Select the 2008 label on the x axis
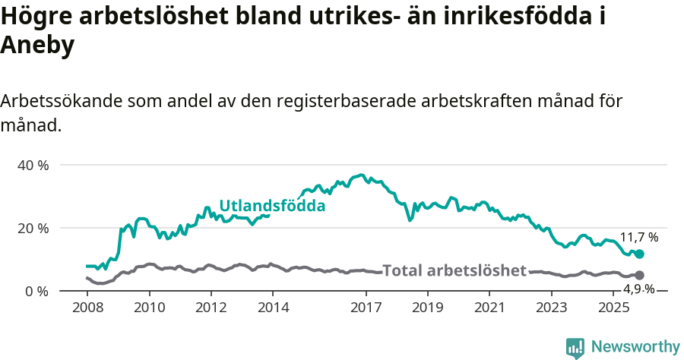coord(87,308)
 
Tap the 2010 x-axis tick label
coord(149,308)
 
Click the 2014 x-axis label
coord(273,308)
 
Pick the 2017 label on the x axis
coord(366,308)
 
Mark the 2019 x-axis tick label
coord(428,308)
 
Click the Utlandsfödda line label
coord(272,206)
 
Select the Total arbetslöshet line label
coord(454,270)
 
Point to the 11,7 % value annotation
coord(638,237)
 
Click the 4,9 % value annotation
coord(638,289)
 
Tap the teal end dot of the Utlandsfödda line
coord(639,254)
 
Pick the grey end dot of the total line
coord(639,275)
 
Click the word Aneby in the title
coord(37,46)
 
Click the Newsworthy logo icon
coord(575,348)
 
